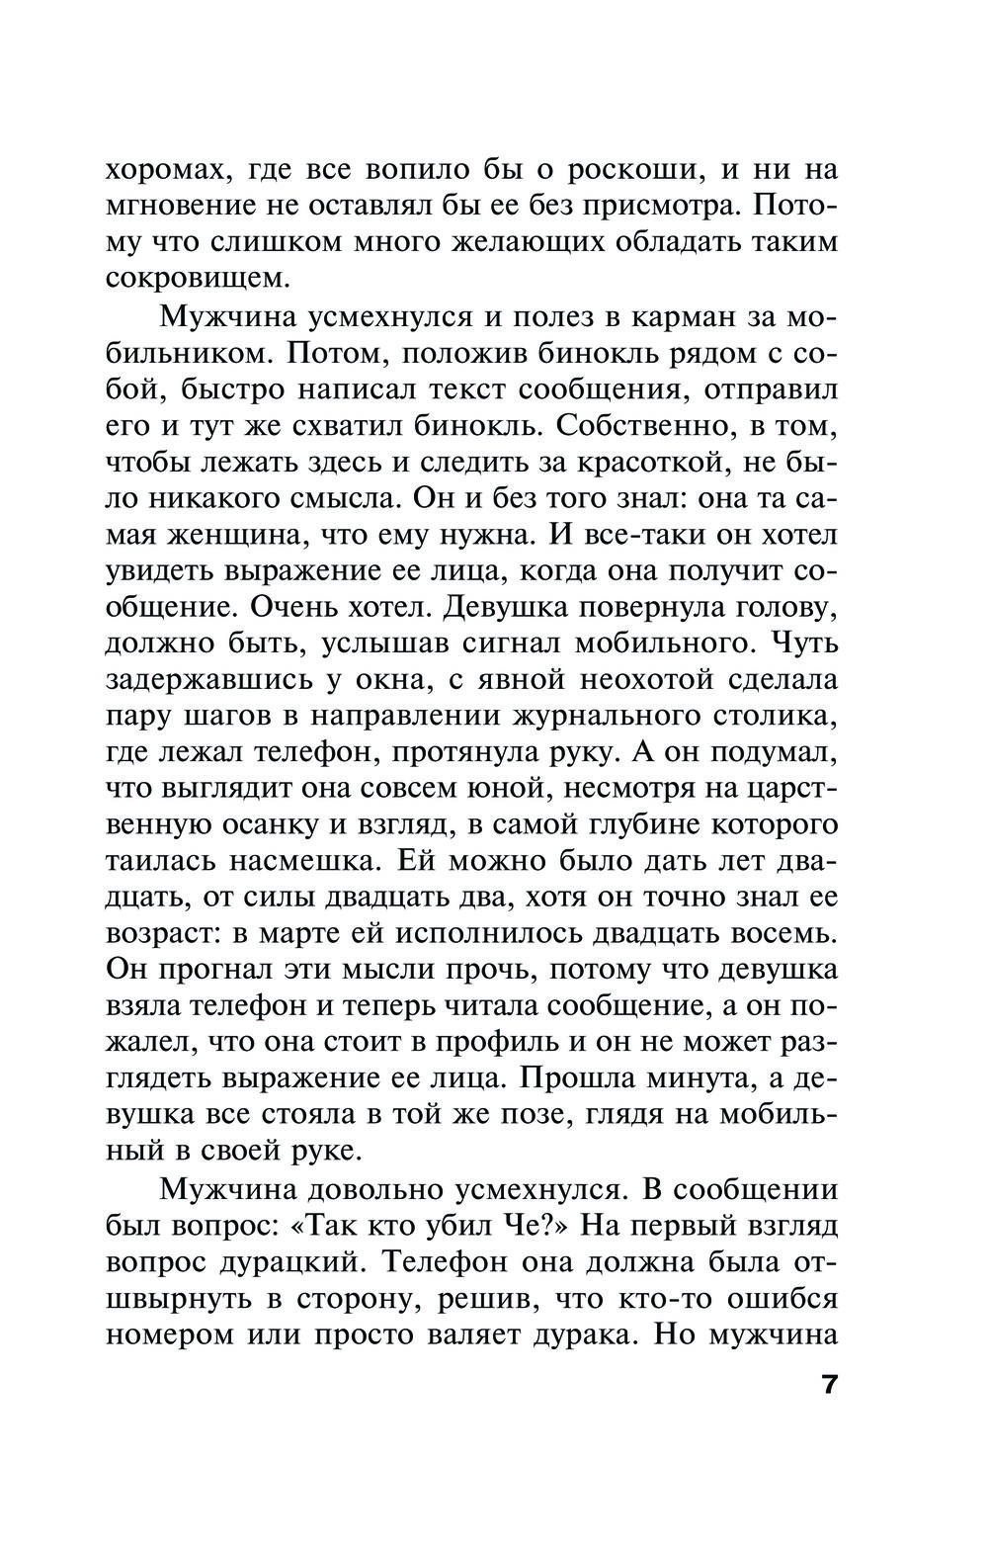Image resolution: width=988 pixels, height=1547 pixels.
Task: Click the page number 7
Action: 827,1383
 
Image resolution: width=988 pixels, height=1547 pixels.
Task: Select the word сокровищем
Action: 199,278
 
